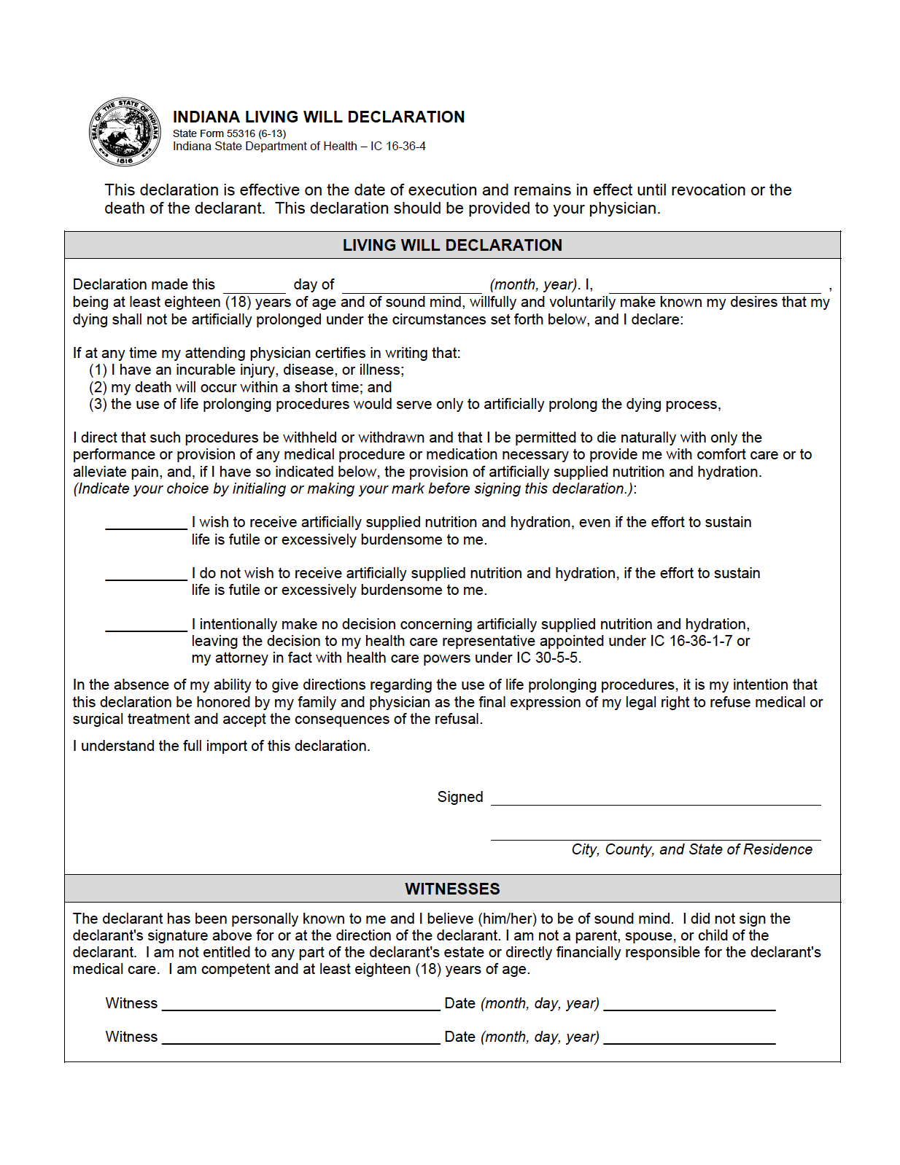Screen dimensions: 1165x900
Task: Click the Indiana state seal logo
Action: [125, 131]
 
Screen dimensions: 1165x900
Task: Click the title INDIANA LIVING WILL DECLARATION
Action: [318, 117]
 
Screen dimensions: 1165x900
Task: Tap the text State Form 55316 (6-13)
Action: [229, 133]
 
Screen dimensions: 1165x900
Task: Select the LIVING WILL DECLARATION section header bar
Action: [452, 245]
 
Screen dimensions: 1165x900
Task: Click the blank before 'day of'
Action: [254, 287]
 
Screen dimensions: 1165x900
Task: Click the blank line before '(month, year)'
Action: [411, 287]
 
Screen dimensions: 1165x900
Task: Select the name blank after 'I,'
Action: [714, 287]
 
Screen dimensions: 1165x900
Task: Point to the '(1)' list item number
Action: [98, 370]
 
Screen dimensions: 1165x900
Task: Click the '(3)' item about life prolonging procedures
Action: [405, 405]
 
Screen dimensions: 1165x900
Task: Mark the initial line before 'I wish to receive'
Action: [146, 523]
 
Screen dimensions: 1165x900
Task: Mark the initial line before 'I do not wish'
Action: [146, 574]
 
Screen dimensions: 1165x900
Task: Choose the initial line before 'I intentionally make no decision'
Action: [146, 626]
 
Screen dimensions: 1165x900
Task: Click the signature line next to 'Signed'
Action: [655, 799]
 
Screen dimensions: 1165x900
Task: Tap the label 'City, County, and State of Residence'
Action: [691, 849]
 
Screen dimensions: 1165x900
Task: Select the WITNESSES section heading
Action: [452, 889]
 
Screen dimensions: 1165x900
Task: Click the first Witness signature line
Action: [300, 1005]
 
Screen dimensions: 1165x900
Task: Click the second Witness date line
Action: [689, 1038]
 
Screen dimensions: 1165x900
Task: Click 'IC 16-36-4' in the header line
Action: [397, 147]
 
